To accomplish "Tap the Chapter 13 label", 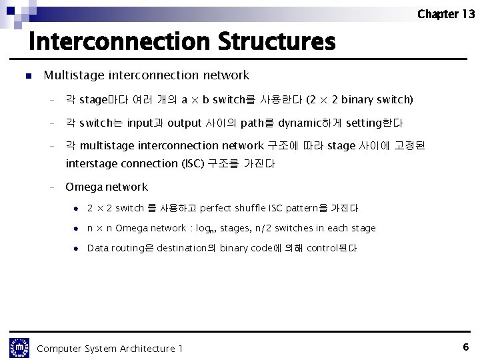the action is point(446,14).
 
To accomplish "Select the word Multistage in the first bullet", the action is point(73,75).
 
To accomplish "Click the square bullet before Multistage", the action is point(28,76).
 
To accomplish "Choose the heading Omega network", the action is point(107,187).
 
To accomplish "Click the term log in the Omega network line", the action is point(203,228).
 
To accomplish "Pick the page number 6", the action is point(465,347).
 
